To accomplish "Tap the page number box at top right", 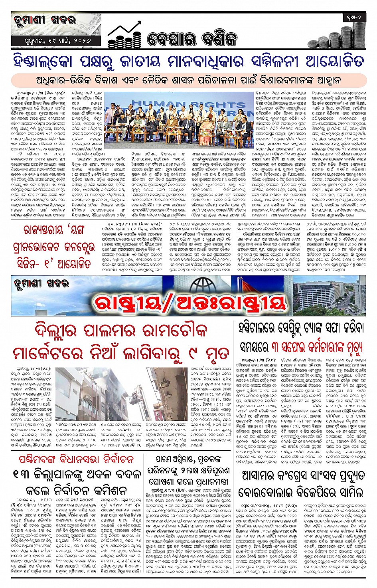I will tap(353, 18).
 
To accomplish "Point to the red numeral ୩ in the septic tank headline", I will tap(276, 347).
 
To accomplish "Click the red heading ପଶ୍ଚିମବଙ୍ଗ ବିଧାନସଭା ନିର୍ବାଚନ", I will tap(76, 459).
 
